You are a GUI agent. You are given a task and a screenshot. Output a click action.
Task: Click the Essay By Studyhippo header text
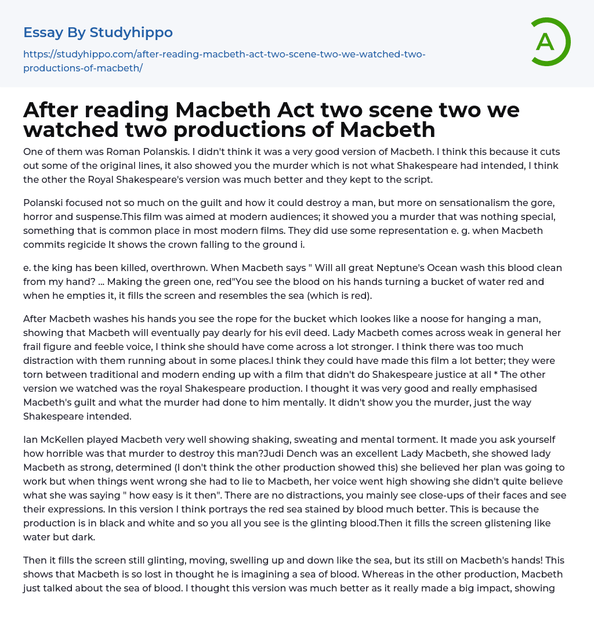(98, 33)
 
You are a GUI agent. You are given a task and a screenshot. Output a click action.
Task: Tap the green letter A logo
(546, 42)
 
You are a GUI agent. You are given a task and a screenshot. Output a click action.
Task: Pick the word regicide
(87, 244)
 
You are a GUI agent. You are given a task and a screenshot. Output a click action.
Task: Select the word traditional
(101, 374)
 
